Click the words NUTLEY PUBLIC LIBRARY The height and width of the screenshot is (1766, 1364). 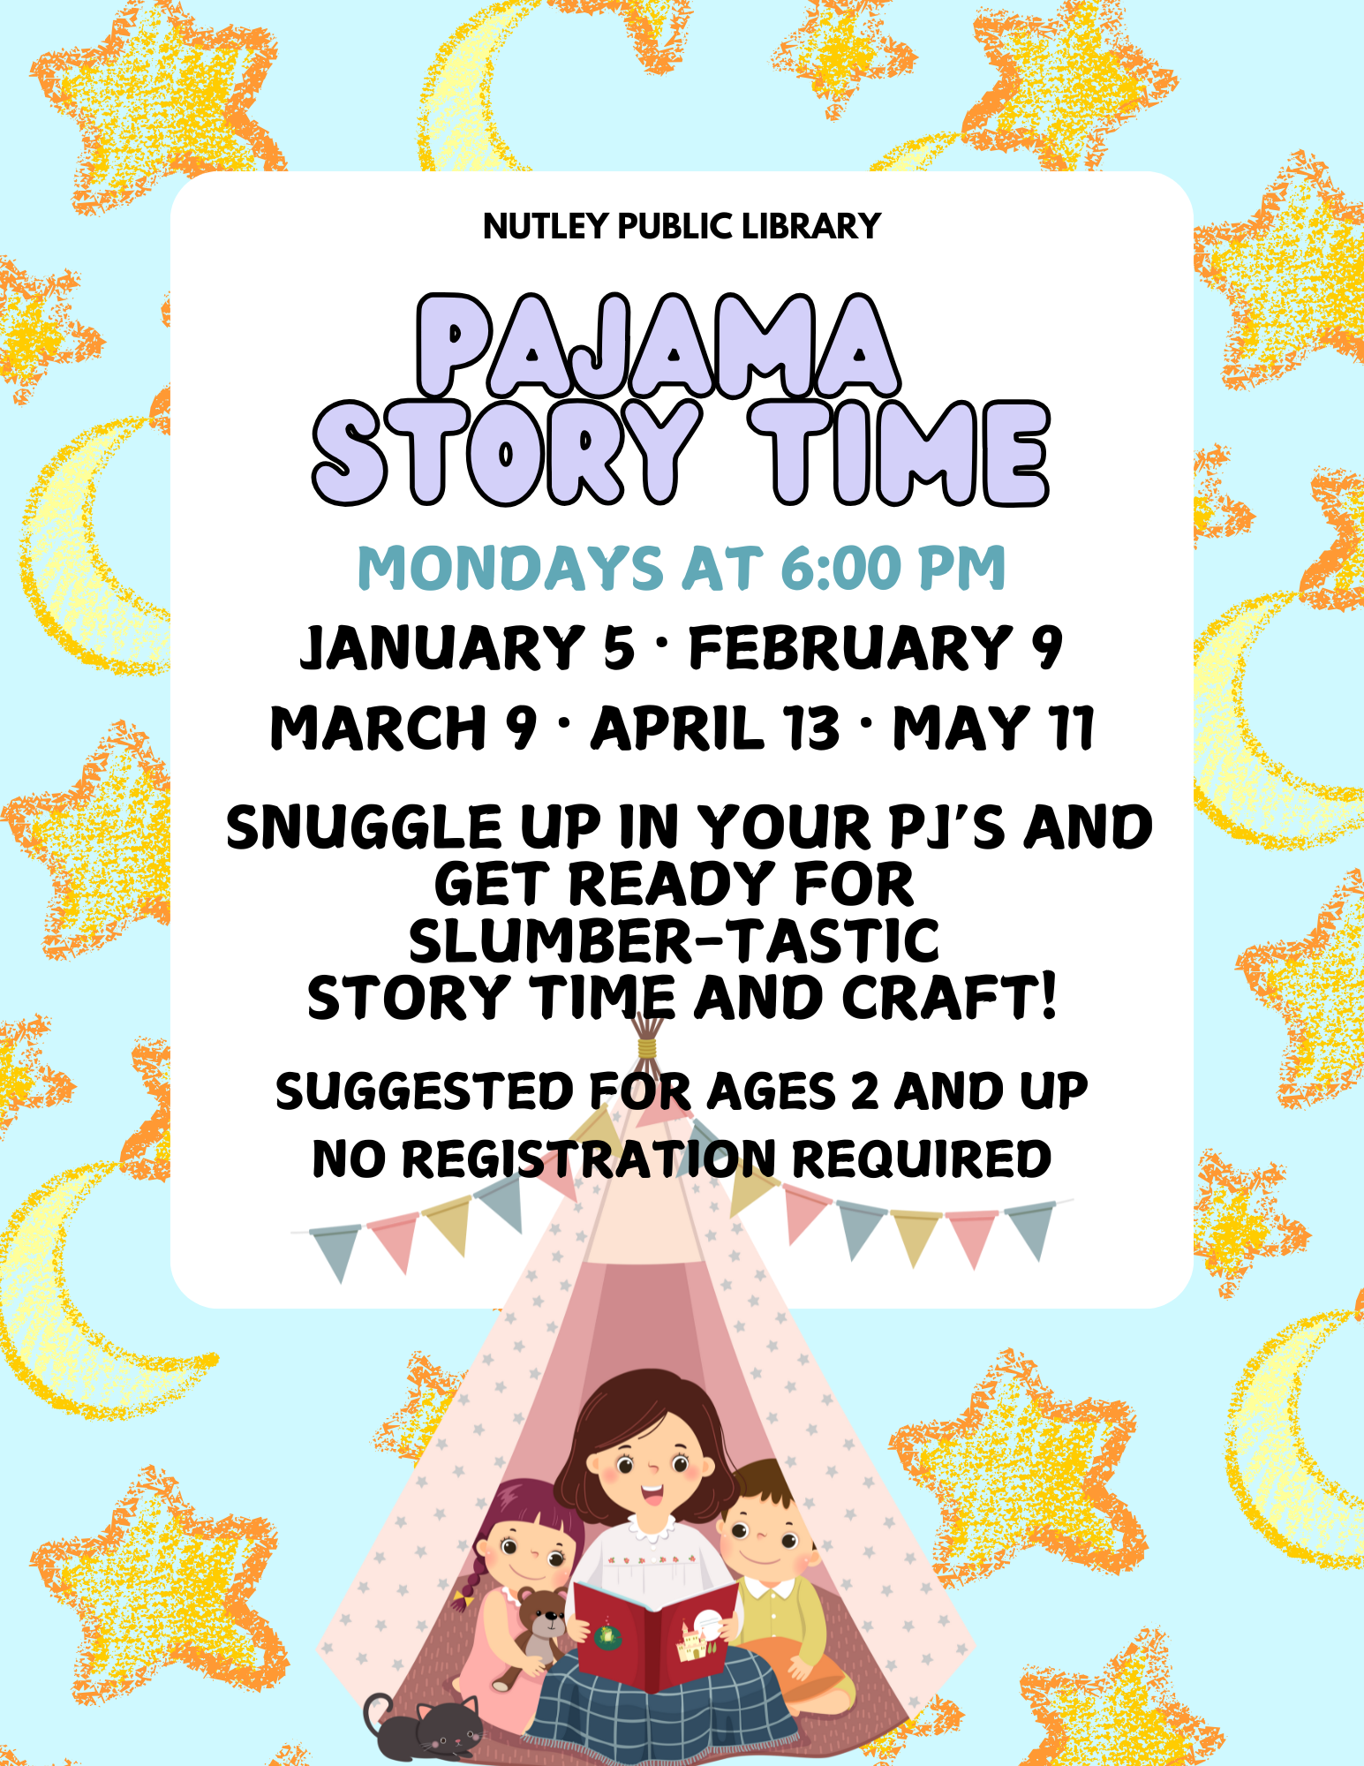pos(682,227)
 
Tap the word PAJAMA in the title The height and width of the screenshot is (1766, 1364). pos(658,346)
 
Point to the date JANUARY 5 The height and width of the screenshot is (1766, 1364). pos(467,647)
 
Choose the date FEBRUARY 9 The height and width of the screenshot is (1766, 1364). pos(876,647)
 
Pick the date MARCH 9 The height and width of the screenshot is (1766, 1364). pos(403,728)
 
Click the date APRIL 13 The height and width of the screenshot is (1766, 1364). pos(715,728)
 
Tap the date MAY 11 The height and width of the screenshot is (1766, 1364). pos(994,728)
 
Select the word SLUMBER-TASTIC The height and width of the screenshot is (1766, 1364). pos(674,940)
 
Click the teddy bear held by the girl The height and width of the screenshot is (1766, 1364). pos(538,1625)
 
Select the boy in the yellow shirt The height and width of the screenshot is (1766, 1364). pos(772,1563)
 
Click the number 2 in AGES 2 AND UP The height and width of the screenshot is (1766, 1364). pos(864,1091)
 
